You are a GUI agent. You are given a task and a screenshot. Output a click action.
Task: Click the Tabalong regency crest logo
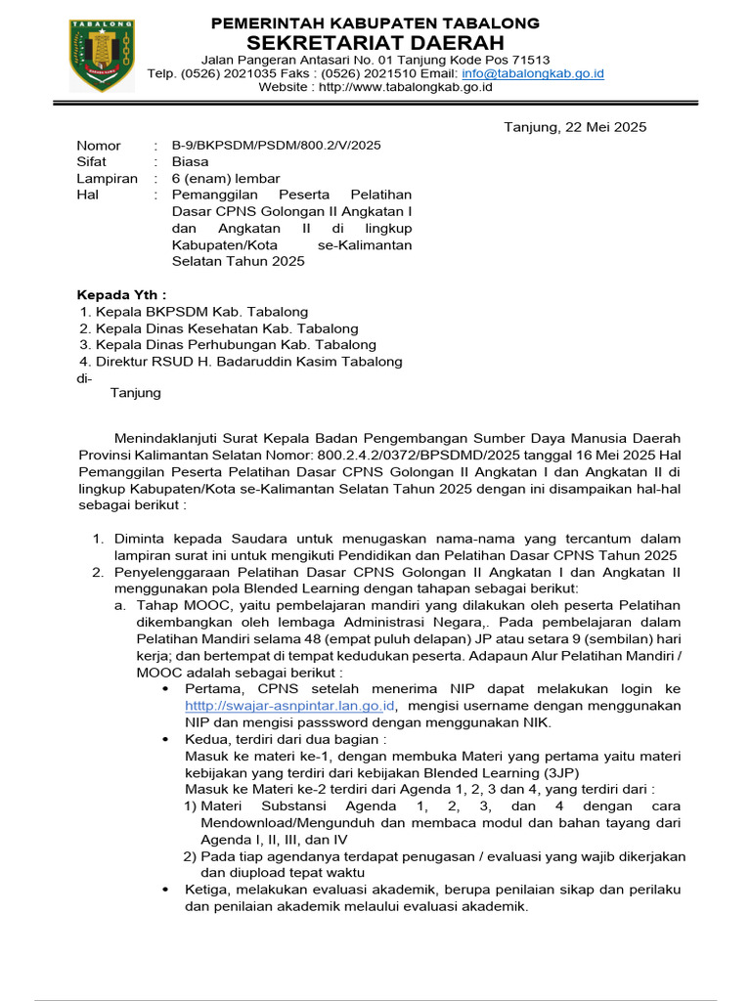(102, 55)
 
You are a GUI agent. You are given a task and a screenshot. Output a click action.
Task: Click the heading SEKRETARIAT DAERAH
(375, 42)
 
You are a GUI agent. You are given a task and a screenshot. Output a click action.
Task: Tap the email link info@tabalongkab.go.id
(533, 73)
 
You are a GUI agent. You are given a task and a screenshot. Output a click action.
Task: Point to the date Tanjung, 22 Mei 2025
(575, 127)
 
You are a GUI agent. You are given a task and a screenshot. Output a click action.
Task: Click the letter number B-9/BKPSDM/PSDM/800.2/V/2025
(276, 145)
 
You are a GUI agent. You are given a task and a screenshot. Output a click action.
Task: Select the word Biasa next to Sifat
(190, 161)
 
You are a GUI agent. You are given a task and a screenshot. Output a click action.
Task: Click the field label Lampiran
(108, 178)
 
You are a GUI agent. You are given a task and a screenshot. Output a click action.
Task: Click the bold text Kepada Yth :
(122, 294)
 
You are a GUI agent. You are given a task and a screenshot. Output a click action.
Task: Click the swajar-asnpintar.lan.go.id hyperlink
(289, 705)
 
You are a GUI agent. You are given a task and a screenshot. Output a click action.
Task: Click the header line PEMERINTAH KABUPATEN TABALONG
(375, 22)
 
